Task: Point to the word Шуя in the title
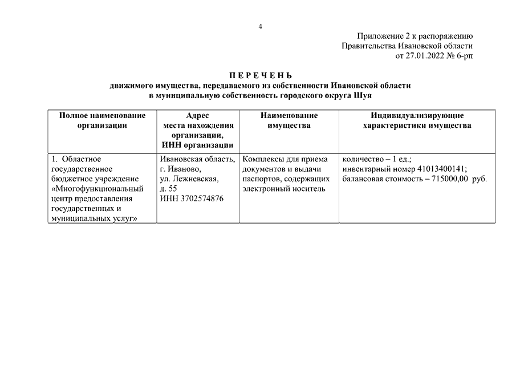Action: coord(363,95)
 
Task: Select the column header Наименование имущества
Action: coord(289,120)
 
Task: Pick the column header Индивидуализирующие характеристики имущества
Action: coord(417,120)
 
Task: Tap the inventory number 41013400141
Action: coord(442,169)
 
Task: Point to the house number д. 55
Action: coord(169,188)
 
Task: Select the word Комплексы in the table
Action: coord(263,159)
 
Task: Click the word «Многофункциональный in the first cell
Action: coord(97,188)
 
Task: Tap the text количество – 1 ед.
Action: coord(377,159)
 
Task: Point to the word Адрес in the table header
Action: coord(198,115)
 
